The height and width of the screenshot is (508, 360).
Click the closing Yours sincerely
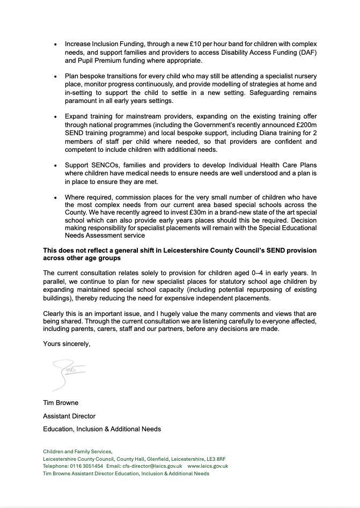pyautogui.click(x=67, y=344)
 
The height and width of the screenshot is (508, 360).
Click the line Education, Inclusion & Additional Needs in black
pyautogui.click(x=102, y=429)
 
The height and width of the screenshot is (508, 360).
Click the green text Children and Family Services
pyautogui.click(x=77, y=452)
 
